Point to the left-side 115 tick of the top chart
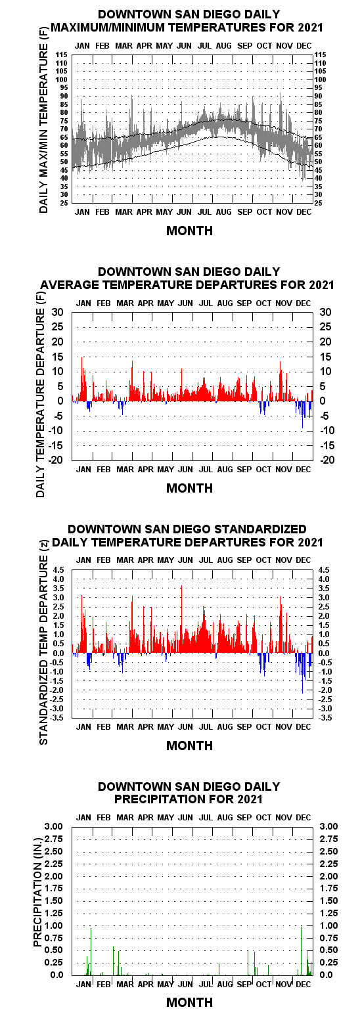point(62,55)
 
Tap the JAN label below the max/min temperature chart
point(82,212)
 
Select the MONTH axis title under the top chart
point(189,231)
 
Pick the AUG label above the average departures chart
point(225,303)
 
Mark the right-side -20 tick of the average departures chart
point(326,460)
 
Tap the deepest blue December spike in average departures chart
point(302,414)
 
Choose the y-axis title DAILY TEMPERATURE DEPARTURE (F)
point(41,403)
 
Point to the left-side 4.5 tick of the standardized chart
point(59,570)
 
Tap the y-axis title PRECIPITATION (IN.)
point(38,899)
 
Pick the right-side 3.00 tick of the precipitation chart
point(328,826)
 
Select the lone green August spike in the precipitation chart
point(219,969)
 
